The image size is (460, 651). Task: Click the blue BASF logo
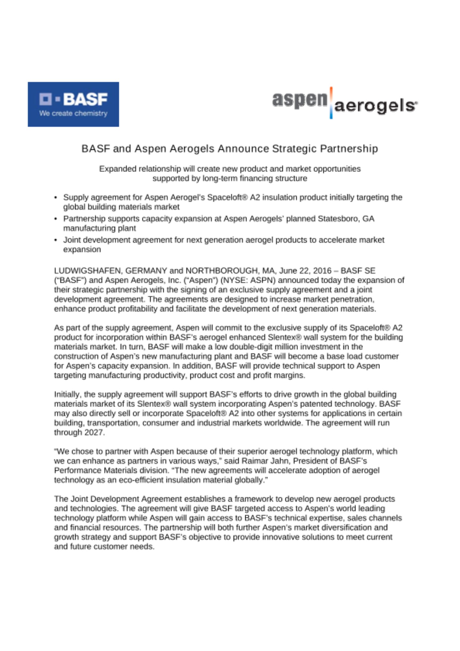(73, 104)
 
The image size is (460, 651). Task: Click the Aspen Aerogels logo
(345, 103)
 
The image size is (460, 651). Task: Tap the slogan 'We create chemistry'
(73, 114)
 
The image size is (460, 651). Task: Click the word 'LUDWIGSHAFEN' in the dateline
(88, 271)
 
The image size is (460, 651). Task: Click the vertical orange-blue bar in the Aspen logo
(331, 103)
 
